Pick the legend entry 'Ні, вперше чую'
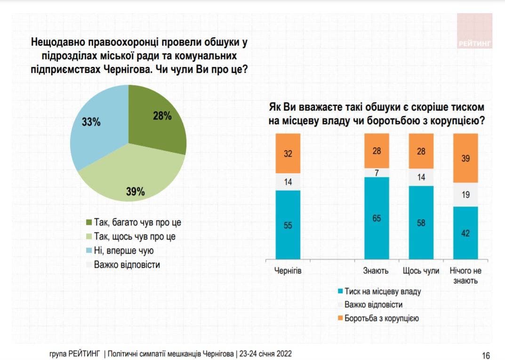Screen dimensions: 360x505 tap(124, 251)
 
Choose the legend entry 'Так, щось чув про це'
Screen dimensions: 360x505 tap(135, 237)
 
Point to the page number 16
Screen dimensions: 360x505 tap(486, 355)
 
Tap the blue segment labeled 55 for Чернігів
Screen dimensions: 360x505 tap(288, 225)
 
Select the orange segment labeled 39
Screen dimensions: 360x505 tap(465, 158)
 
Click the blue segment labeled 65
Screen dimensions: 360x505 tap(377, 218)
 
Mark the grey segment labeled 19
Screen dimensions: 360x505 tap(465, 194)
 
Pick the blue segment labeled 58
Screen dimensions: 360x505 tap(421, 222)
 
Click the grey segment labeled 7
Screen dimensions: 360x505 tap(377, 172)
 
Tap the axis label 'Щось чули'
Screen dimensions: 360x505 tap(421, 271)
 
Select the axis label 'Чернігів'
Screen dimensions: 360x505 tap(288, 271)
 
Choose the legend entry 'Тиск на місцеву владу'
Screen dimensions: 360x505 tap(382, 291)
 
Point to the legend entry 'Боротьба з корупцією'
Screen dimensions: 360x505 tap(381, 318)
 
